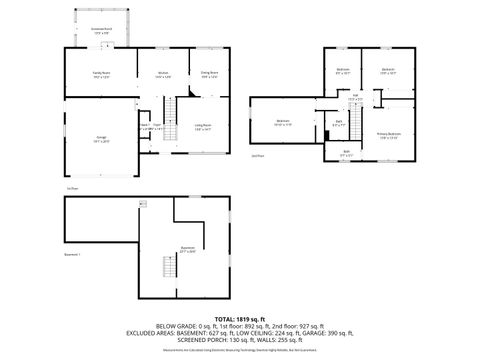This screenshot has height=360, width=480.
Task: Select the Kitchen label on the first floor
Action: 163,75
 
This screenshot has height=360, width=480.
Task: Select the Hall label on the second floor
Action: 354,98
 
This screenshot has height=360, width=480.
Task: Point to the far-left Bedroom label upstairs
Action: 281,123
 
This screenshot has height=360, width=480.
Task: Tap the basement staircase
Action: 168,267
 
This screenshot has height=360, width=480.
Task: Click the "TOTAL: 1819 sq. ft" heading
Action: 239,316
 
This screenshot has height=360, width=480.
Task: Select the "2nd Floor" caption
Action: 257,156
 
